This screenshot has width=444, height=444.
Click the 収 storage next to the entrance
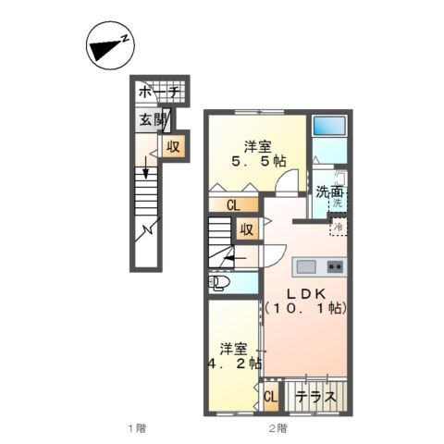coord(174,146)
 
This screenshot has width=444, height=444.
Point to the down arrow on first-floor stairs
coord(146,167)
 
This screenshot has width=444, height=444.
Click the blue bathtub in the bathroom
coord(329,126)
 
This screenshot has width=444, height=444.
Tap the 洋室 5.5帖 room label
coord(258,154)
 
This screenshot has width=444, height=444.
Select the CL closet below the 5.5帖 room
coord(233,204)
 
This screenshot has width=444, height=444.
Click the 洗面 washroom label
coord(329,192)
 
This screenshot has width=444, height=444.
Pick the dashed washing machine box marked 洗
coord(338,202)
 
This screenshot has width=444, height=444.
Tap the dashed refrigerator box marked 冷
coord(339,227)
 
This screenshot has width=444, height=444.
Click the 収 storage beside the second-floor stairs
coord(247,228)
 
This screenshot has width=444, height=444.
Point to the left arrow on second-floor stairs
coord(235,258)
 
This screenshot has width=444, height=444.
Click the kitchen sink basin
coord(306,266)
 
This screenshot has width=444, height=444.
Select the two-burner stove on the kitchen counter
coord(335,266)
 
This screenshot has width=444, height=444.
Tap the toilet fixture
coord(219,282)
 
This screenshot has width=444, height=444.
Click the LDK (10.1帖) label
coord(306,302)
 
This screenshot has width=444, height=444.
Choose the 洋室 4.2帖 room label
coord(234,356)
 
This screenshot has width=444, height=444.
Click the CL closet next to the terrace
coord(271,397)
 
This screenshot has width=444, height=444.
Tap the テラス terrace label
coord(316,397)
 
